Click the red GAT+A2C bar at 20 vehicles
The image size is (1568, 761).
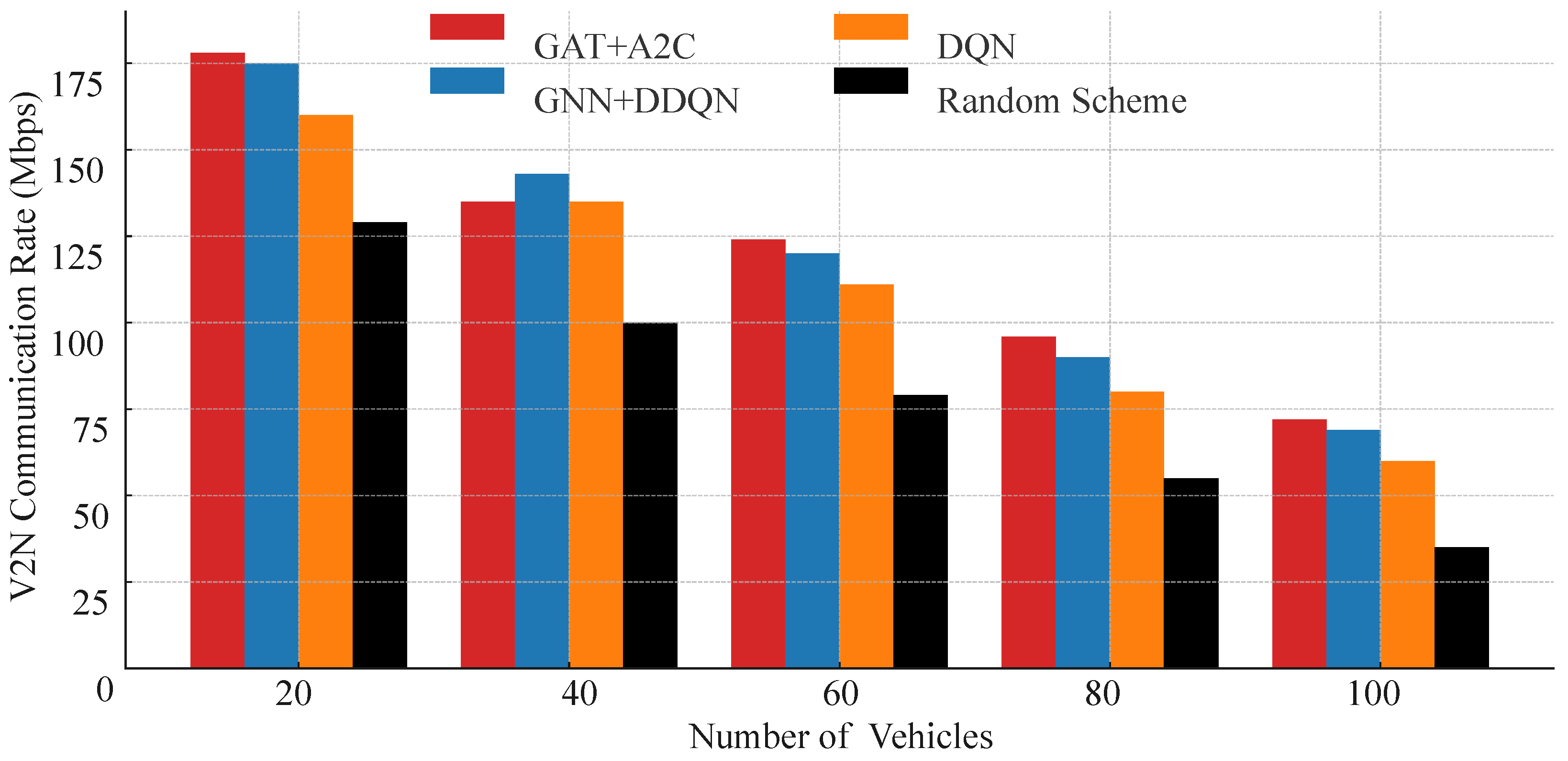point(217,359)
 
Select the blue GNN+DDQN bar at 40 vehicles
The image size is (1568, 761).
point(542,420)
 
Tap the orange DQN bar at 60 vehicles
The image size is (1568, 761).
point(866,475)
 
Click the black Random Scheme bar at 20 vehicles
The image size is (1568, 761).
point(380,445)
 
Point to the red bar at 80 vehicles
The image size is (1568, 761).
point(1028,502)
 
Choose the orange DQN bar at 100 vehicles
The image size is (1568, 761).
point(1407,564)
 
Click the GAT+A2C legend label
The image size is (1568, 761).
point(614,47)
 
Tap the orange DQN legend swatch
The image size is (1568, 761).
point(870,27)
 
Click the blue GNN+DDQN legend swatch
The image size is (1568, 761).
point(467,81)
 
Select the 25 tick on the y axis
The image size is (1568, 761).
point(89,603)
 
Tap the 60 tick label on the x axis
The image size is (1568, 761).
point(840,694)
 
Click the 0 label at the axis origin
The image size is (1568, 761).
point(105,690)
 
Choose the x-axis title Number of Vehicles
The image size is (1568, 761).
point(840,737)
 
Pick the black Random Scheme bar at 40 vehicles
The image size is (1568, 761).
point(650,495)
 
